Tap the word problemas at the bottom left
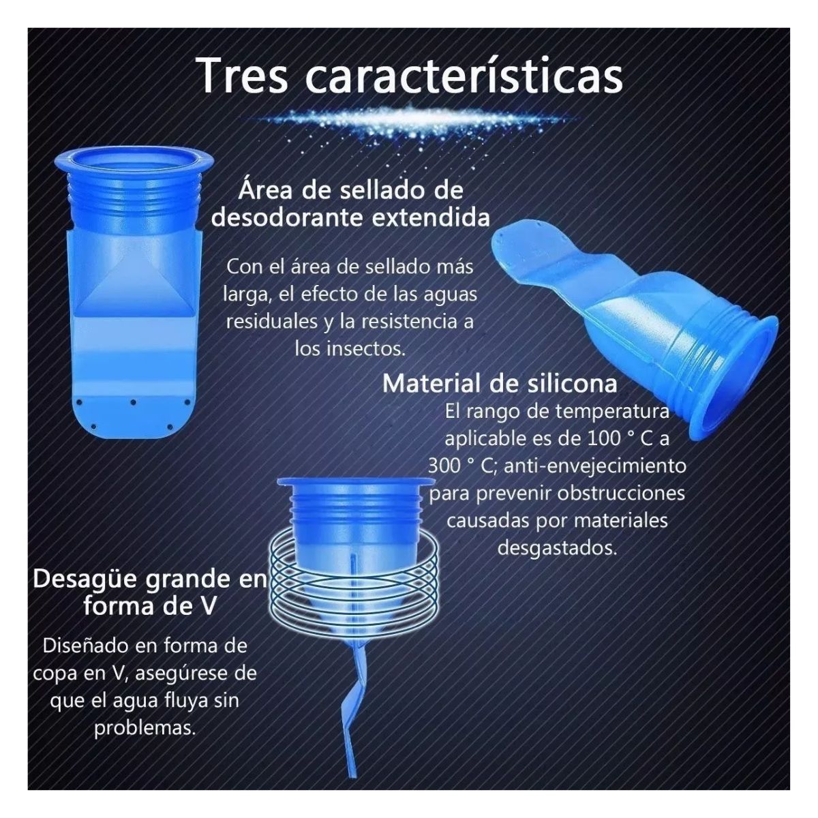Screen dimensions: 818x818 (145, 729)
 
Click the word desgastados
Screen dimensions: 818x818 (557, 547)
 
